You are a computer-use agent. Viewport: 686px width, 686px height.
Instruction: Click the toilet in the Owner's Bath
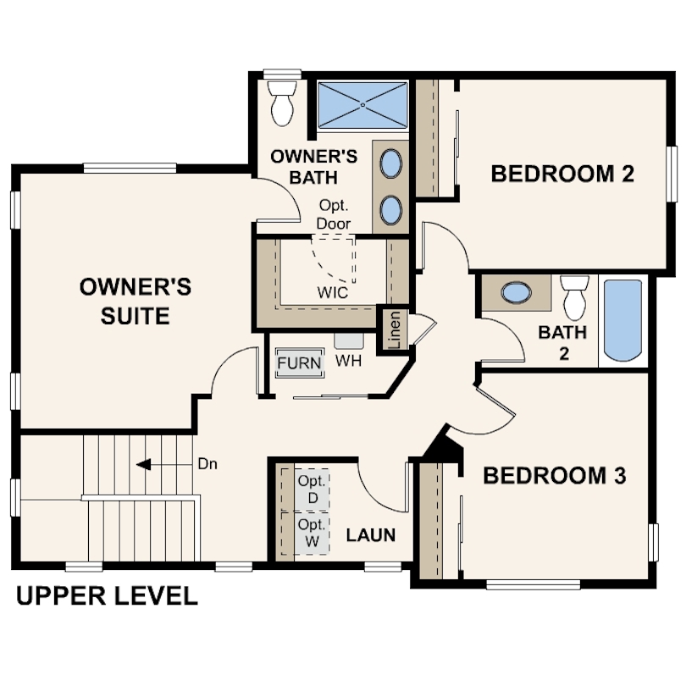coord(282,102)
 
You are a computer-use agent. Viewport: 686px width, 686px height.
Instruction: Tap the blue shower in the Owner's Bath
coord(362,105)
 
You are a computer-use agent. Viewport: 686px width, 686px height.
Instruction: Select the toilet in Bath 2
coord(574,297)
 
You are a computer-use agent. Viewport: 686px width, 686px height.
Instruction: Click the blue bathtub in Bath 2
coord(622,321)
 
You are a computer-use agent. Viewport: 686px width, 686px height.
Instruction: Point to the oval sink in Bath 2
coord(517,292)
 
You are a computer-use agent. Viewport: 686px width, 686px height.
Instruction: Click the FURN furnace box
coord(300,362)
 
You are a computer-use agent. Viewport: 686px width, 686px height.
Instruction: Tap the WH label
coord(348,361)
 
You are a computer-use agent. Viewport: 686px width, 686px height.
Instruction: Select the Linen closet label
coord(394,329)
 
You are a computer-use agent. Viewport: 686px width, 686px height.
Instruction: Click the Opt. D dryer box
coord(312,490)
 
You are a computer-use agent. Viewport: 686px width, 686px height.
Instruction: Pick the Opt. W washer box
coord(312,533)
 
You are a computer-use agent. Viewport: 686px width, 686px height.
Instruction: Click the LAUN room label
coord(371,535)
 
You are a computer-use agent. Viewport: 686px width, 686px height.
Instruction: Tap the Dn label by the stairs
coord(207,464)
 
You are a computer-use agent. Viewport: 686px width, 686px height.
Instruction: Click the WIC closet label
coord(333,293)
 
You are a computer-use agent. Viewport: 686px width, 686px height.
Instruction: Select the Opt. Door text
coord(334,214)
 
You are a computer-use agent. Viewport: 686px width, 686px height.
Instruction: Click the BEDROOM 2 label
coord(562,174)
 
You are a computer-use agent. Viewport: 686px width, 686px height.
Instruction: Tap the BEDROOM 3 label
coord(555,476)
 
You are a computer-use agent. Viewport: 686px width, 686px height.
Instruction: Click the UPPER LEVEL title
coord(107,596)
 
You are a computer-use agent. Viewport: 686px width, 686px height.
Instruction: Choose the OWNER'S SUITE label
coord(136,302)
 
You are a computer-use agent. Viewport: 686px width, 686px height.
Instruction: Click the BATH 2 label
coord(562,343)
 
